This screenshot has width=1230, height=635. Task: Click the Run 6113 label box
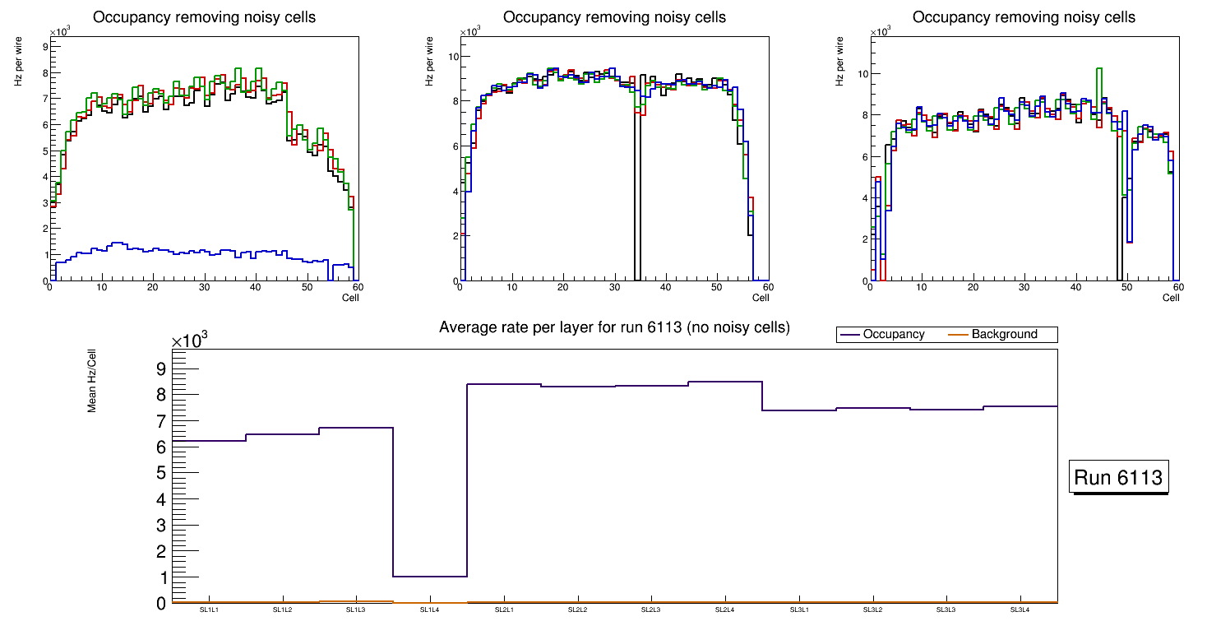click(1120, 478)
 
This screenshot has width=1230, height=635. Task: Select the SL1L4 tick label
click(430, 610)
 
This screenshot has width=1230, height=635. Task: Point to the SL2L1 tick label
click(504, 610)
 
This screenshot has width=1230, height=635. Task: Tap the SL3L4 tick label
click(1020, 610)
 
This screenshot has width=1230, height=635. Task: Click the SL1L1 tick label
click(210, 610)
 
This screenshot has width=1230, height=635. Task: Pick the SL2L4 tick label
click(724, 610)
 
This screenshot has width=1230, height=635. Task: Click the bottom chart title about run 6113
click(614, 327)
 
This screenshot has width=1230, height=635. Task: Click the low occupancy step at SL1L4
click(430, 576)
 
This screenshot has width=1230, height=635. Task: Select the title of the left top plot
click(204, 17)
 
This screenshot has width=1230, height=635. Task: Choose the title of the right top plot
click(1024, 17)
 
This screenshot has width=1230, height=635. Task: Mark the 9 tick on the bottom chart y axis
click(161, 368)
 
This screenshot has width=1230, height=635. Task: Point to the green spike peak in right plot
click(1099, 69)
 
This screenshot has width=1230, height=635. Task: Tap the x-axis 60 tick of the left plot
click(358, 287)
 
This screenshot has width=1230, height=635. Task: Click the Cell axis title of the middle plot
click(761, 297)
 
